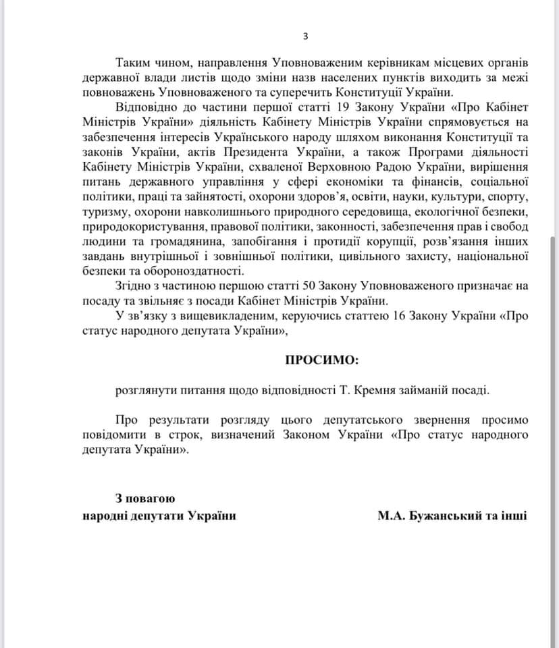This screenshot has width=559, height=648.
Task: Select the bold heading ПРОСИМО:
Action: [x=321, y=359]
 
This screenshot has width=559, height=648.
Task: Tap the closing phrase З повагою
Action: [x=145, y=499]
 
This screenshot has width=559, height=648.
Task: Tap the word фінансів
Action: [x=442, y=182]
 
